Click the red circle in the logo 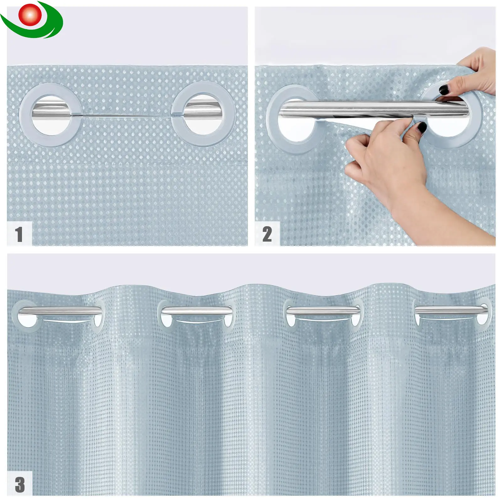(x=30, y=14)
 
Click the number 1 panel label (x=19, y=234)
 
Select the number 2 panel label (x=267, y=234)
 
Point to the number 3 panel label (x=20, y=485)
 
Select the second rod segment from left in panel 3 (x=197, y=311)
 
